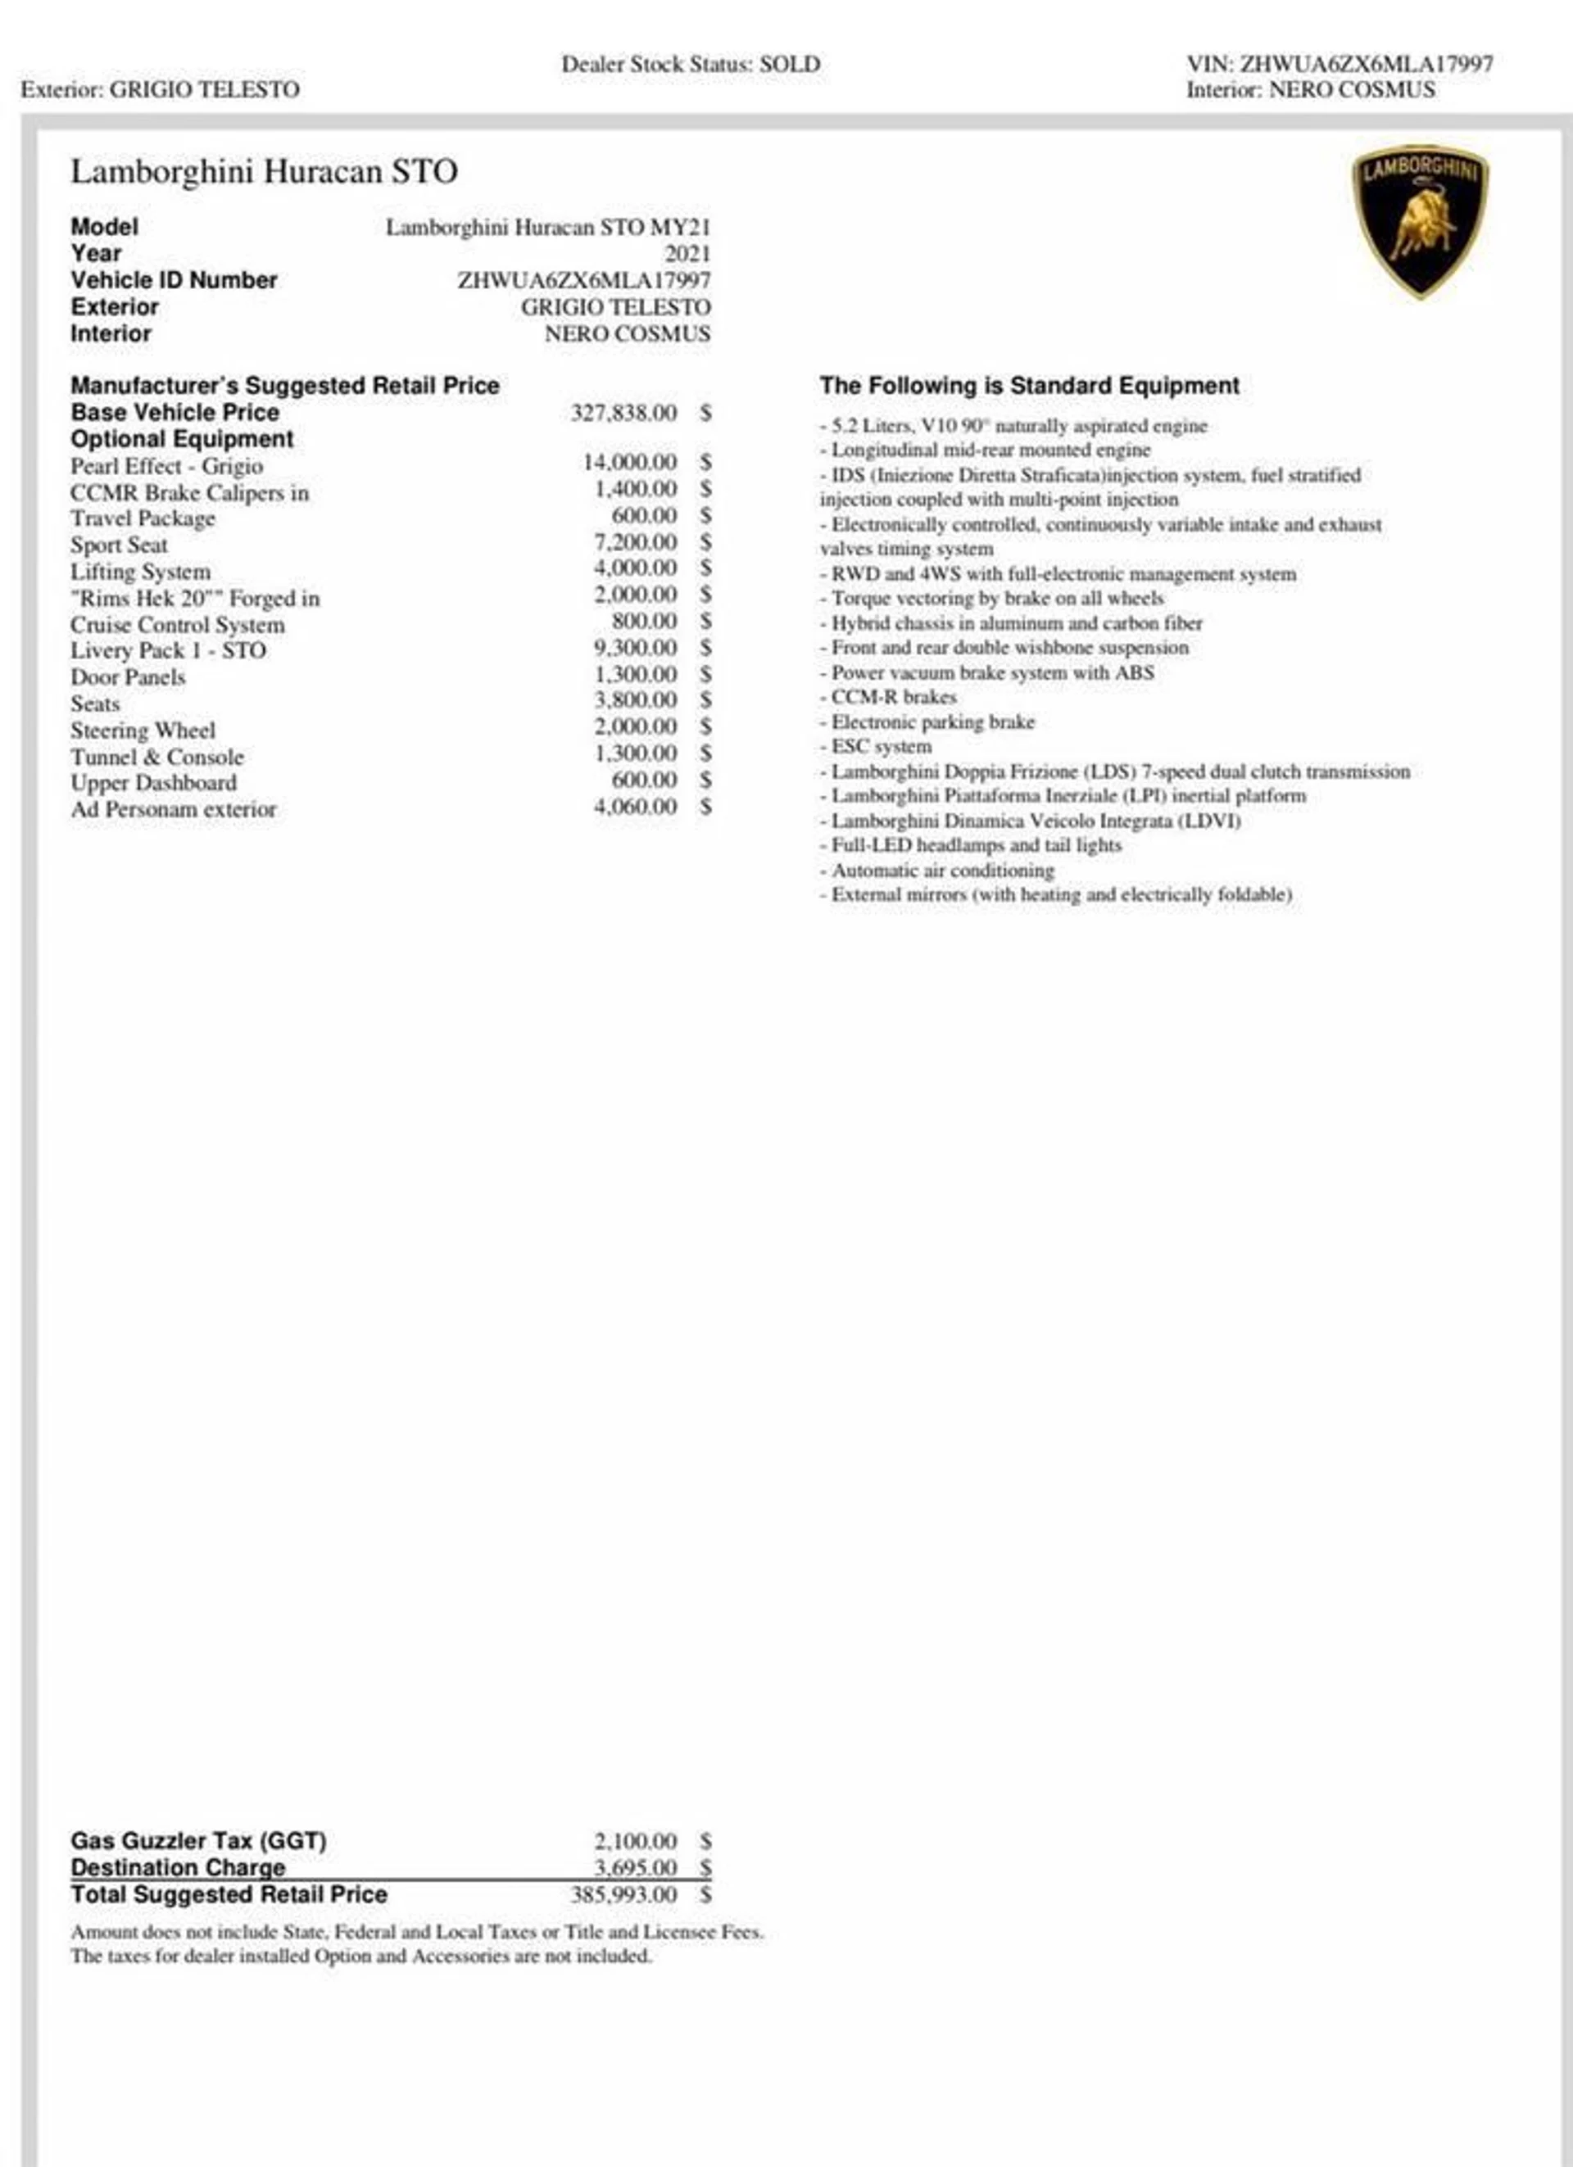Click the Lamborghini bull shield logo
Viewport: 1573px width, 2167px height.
coord(1420,221)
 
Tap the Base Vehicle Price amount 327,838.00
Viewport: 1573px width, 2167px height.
coord(623,413)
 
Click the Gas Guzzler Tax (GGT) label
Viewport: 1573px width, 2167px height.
coord(197,1840)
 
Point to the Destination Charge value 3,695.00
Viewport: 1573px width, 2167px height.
coord(635,1867)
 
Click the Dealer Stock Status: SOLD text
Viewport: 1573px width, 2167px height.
coord(690,64)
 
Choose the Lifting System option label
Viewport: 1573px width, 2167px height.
coord(139,572)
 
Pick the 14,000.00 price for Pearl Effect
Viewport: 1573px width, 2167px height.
coord(630,463)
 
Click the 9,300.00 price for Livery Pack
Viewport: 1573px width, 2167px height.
coord(635,648)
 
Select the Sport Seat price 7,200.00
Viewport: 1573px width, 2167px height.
coord(635,543)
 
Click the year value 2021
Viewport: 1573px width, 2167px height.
coord(687,253)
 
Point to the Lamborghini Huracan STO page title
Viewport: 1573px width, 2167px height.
coord(264,172)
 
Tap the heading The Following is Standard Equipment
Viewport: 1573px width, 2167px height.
coord(1028,385)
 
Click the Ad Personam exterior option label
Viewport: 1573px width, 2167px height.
coord(173,809)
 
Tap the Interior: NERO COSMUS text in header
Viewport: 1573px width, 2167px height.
coord(1310,90)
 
